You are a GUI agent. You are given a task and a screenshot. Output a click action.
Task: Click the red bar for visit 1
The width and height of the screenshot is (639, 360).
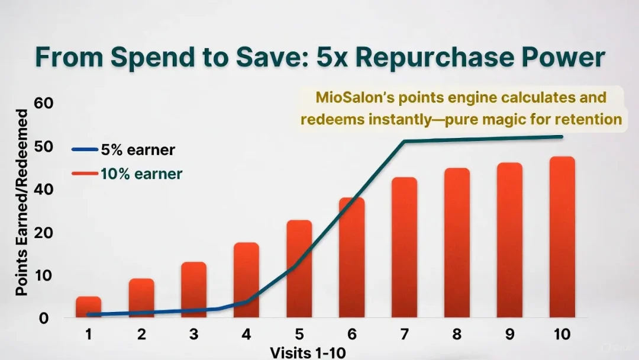tap(88, 307)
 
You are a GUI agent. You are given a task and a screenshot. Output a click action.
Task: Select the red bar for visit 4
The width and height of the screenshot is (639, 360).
tap(246, 279)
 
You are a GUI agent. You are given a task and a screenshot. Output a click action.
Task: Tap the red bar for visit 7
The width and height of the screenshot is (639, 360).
tap(404, 247)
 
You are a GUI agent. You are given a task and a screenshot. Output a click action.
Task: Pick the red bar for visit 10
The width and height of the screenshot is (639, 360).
tap(562, 237)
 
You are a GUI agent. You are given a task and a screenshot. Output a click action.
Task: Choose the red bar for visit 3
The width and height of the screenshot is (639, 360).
tap(193, 290)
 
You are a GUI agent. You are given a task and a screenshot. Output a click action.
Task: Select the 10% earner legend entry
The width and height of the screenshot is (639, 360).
tap(127, 173)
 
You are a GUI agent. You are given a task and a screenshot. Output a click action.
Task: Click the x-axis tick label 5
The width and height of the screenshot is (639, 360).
tap(299, 334)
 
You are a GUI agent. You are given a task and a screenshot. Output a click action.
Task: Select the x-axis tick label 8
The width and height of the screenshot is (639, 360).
tap(457, 334)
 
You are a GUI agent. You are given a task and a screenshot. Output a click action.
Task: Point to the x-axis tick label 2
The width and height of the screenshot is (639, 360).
tap(141, 334)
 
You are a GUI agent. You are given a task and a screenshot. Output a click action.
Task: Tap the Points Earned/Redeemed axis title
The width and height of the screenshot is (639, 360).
tap(22, 202)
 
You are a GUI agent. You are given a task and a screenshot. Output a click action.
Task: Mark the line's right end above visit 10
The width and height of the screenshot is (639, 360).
tap(561, 137)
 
